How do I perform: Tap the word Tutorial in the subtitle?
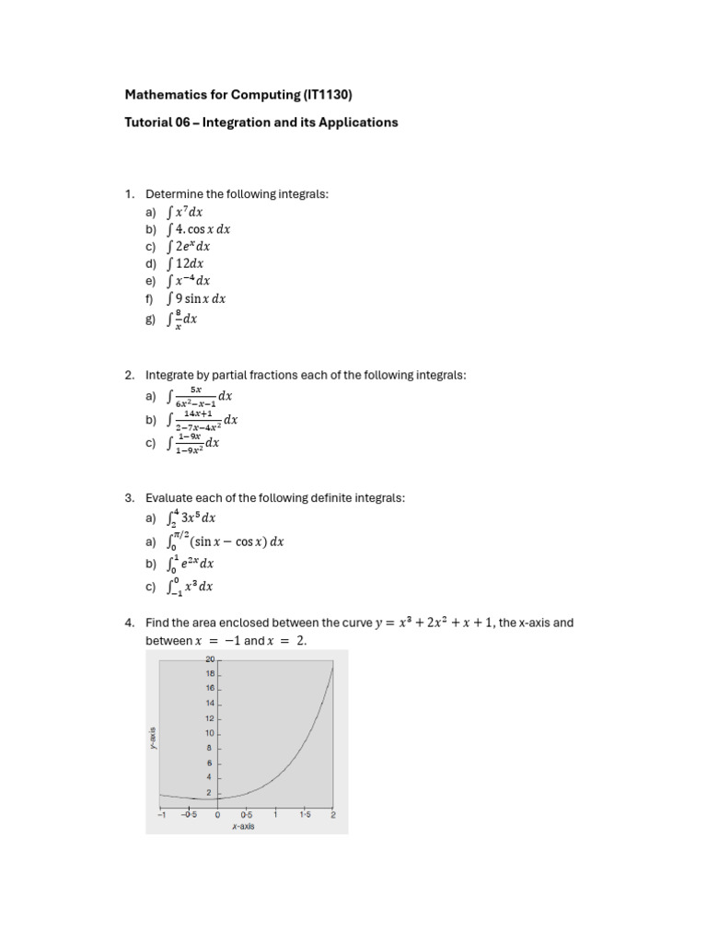[148, 122]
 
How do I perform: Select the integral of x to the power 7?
[185, 212]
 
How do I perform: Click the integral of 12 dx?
[185, 263]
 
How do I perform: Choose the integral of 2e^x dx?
[189, 247]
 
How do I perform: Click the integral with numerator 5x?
[200, 397]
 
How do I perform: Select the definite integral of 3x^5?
[191, 518]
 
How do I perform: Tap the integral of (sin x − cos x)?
[226, 541]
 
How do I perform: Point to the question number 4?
[129, 623]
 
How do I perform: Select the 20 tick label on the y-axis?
[209, 659]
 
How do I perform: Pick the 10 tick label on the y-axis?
[209, 733]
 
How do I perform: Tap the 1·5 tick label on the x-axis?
[304, 815]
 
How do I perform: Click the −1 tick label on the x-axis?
[160, 815]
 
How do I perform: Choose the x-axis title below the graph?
[243, 826]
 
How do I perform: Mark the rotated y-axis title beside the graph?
[153, 739]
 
